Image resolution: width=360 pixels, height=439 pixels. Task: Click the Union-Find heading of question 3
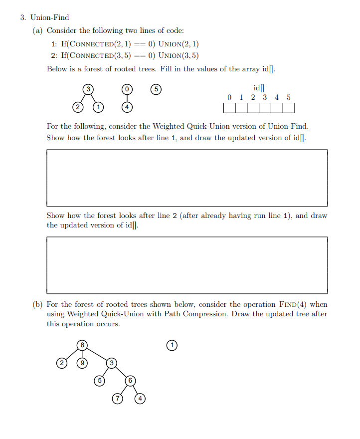tap(50, 17)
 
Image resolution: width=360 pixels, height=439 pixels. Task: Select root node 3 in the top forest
tap(88, 89)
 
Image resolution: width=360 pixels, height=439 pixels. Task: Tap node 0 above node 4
tap(127, 89)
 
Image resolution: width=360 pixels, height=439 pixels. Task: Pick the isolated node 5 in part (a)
tap(156, 89)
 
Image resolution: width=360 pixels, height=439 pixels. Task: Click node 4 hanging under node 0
tap(127, 107)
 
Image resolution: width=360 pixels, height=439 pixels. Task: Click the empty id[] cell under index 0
tap(229, 108)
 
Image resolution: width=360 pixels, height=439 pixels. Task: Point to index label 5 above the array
tap(288, 97)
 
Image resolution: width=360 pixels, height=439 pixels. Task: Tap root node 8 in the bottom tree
tap(83, 344)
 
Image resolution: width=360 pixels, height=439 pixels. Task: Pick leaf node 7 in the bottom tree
tap(118, 398)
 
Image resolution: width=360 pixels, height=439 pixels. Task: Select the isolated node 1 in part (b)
tap(172, 345)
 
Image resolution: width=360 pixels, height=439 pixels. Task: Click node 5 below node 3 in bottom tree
tap(99, 380)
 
